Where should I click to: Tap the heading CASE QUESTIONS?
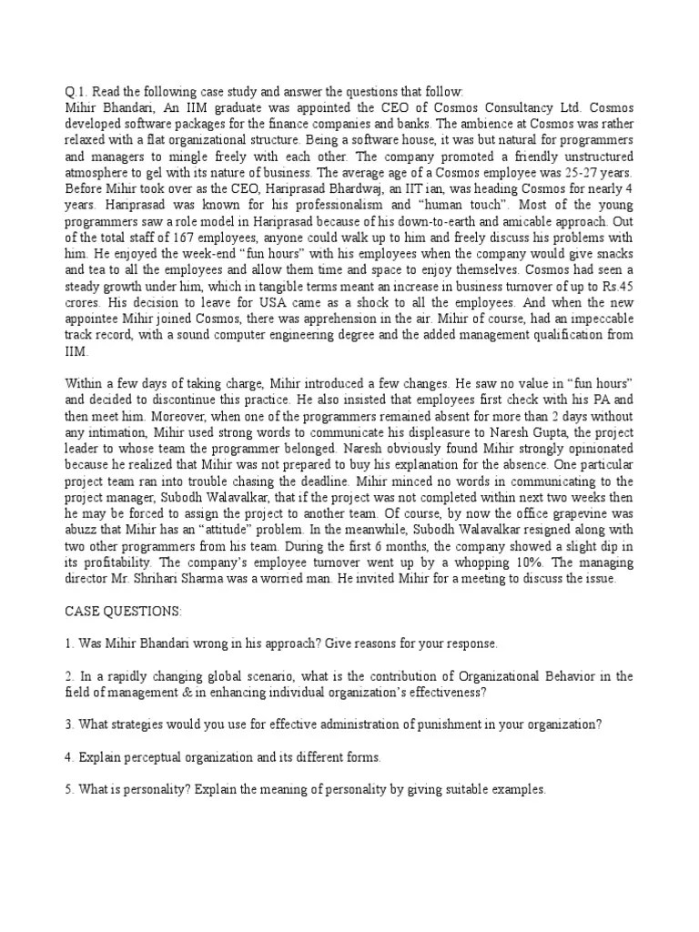pos(123,612)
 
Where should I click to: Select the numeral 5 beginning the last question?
pos(68,789)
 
